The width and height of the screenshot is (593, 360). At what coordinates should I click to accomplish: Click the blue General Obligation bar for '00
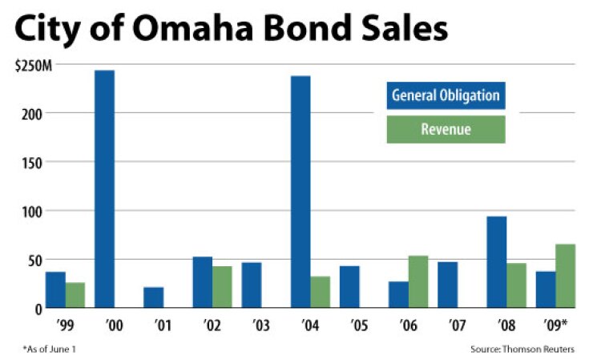click(x=104, y=189)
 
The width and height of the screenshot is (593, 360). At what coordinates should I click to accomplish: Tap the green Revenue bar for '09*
click(x=566, y=276)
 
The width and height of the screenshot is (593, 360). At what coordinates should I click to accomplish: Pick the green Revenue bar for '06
click(x=418, y=282)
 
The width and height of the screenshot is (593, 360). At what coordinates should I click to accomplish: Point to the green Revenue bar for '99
click(x=75, y=295)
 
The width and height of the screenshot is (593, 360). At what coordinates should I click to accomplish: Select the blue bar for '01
click(x=154, y=297)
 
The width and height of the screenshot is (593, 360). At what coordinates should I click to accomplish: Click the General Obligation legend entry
click(x=446, y=96)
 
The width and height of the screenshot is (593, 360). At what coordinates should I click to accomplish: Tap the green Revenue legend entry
click(x=446, y=129)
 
